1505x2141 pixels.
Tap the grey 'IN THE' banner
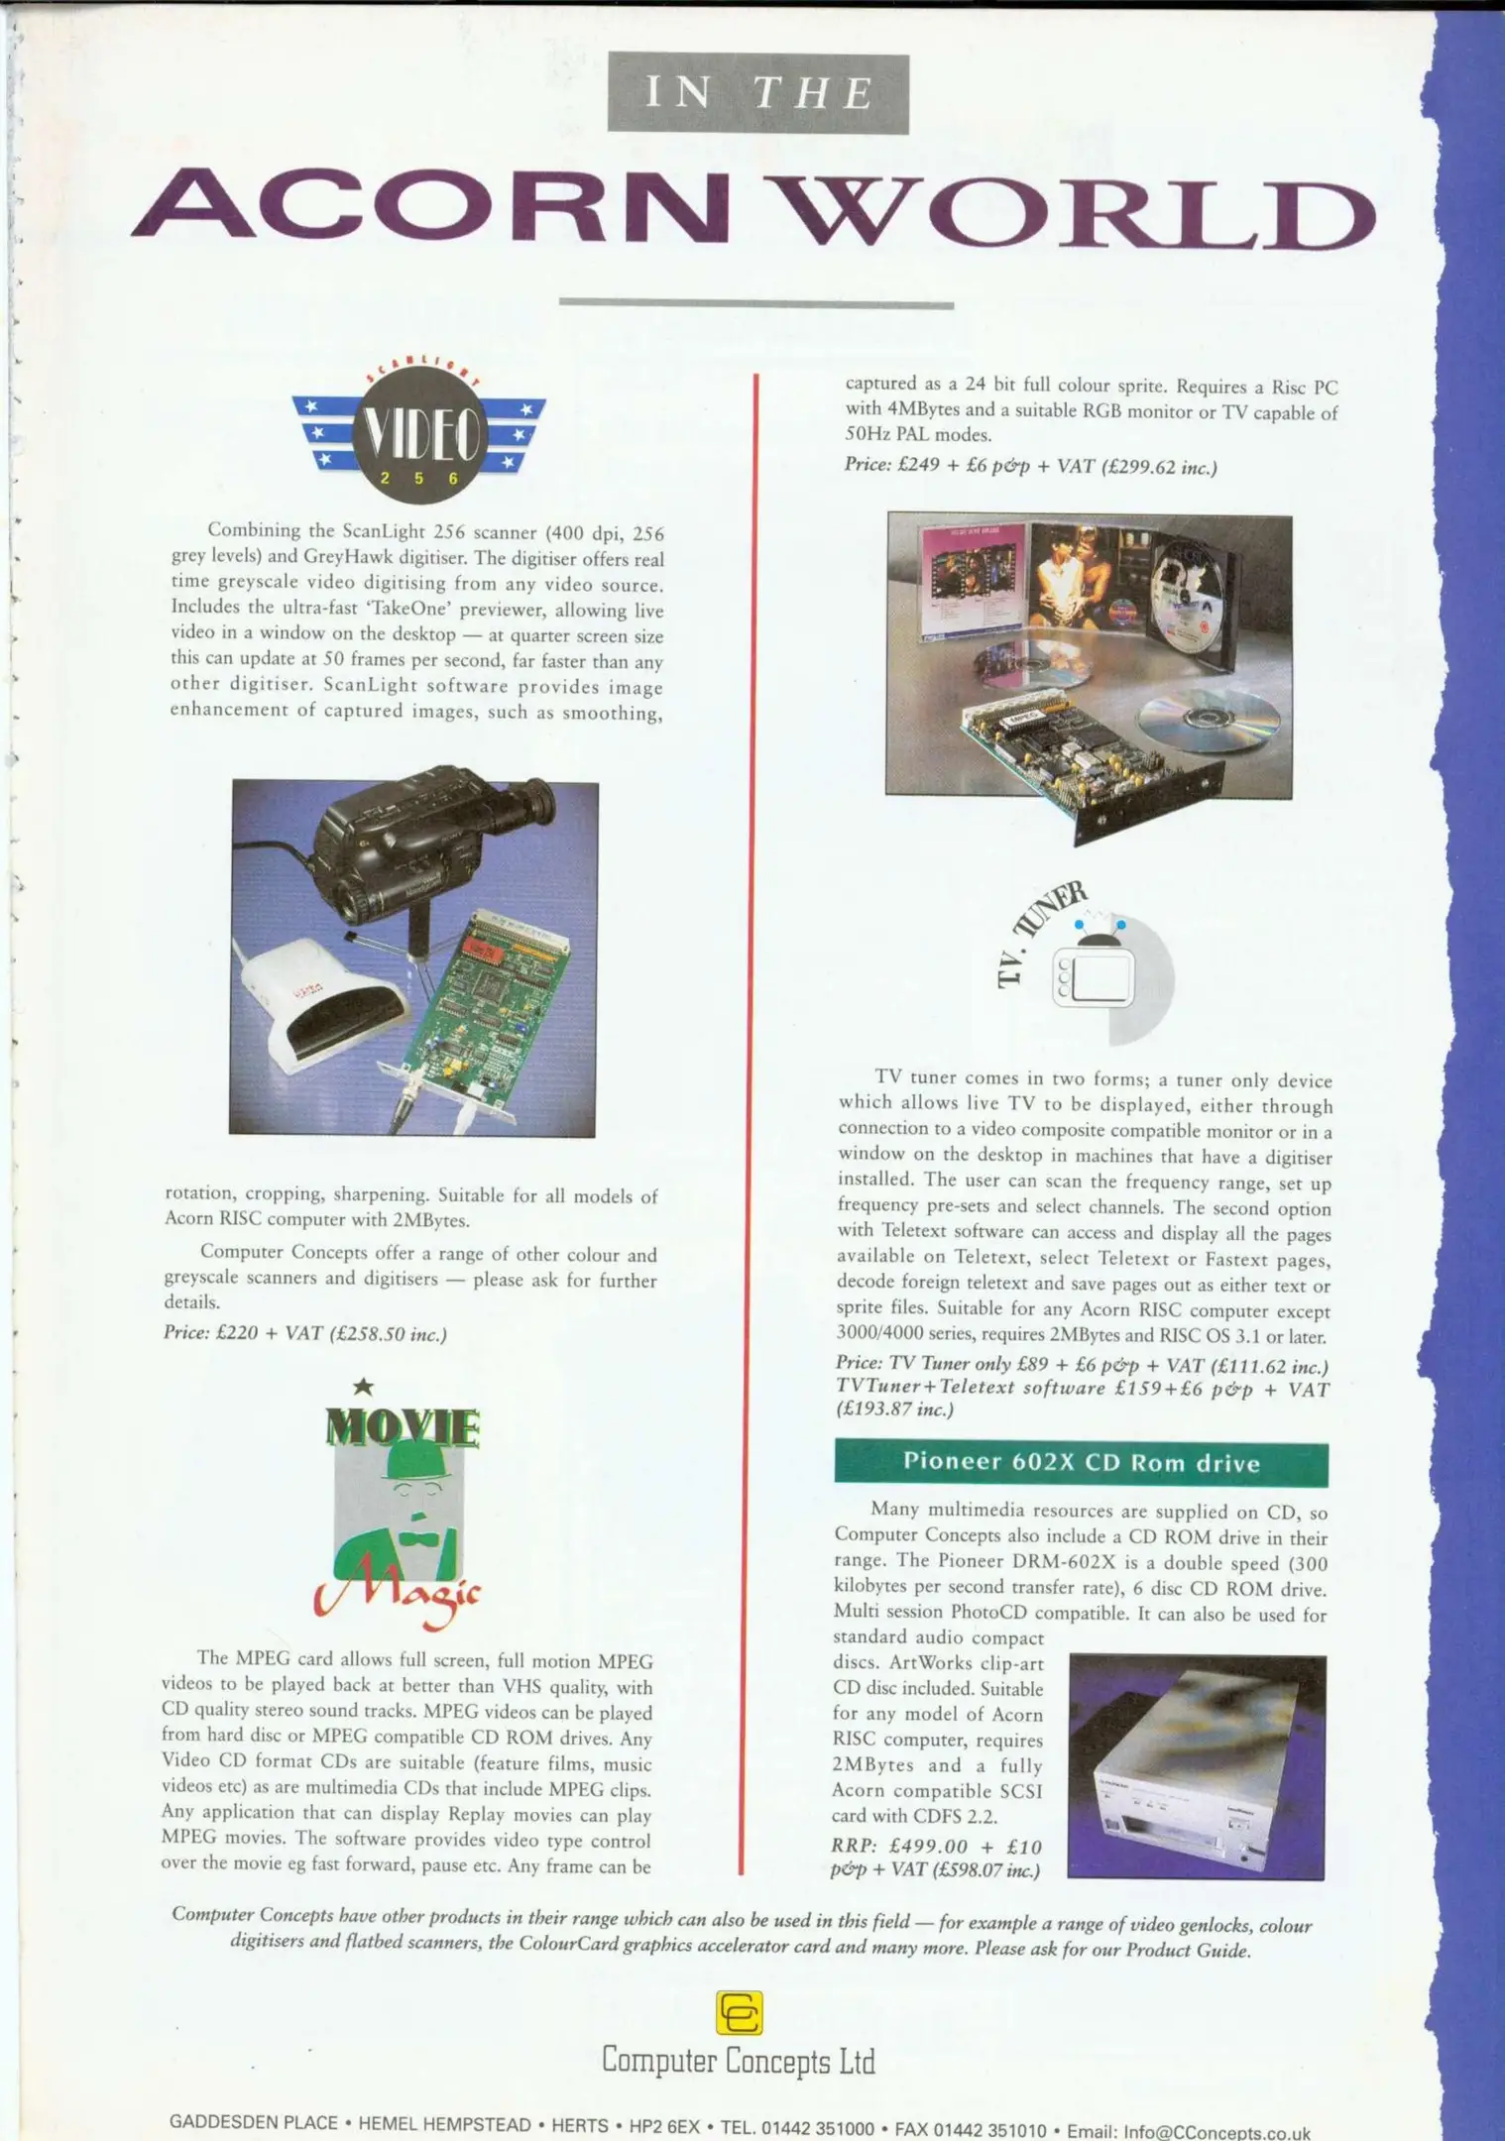[x=757, y=93]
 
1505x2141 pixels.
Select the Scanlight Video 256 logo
[x=418, y=434]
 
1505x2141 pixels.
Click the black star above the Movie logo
[x=364, y=1386]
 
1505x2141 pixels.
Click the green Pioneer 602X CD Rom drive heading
[x=1081, y=1463]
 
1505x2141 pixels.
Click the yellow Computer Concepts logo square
[x=739, y=2013]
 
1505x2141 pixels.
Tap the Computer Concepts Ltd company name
[x=739, y=2062]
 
